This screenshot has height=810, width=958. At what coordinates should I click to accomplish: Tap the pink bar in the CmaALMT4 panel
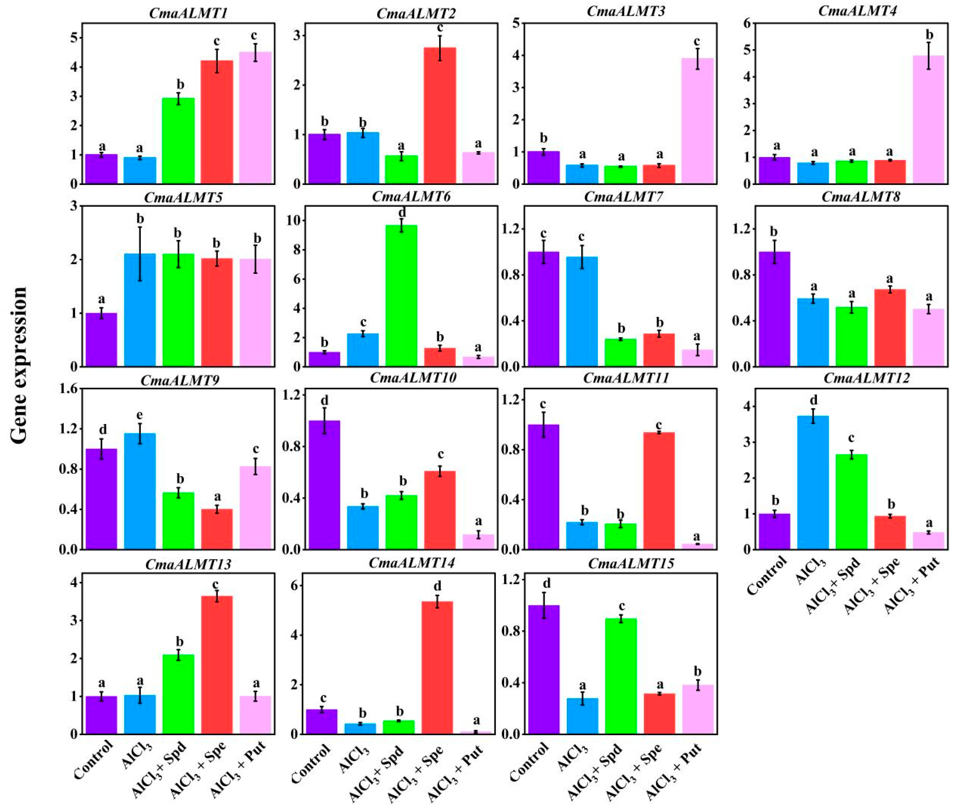tap(928, 120)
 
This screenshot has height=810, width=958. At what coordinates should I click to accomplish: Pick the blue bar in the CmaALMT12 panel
tap(813, 482)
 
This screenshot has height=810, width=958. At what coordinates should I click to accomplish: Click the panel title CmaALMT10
tap(413, 378)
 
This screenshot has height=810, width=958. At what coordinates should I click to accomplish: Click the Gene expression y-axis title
tap(19, 365)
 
